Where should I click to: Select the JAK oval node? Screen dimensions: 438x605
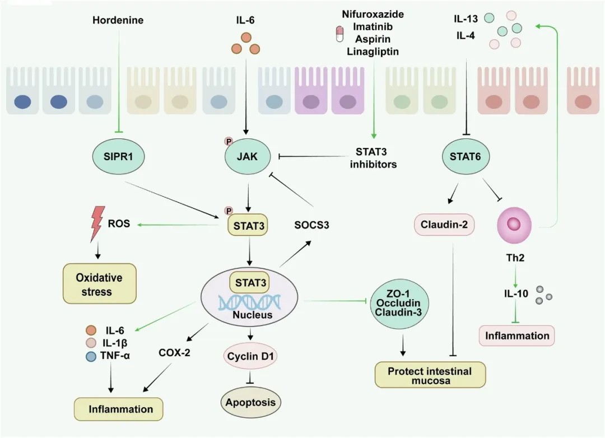[247, 157]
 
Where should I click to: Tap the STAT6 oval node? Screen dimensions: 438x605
[465, 157]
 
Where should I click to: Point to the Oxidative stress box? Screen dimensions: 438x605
[99, 284]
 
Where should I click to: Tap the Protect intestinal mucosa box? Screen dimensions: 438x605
[430, 376]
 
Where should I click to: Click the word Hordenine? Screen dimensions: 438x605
[118, 20]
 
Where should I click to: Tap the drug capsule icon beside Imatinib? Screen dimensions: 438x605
[339, 34]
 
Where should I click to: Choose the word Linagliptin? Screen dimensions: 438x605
[373, 52]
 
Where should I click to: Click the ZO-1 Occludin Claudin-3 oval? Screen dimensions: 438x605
[399, 302]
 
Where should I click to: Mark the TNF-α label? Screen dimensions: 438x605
[115, 355]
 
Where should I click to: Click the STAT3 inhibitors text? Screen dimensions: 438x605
[373, 158]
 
